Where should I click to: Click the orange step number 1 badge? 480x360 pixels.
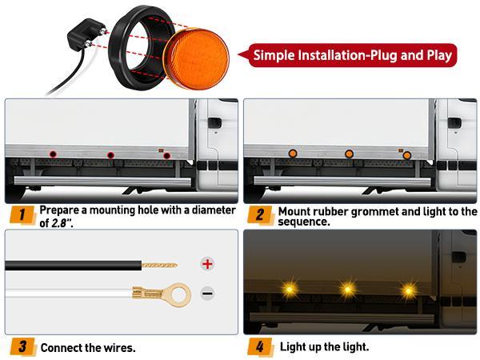click(x=24, y=214)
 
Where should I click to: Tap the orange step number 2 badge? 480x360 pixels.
click(x=261, y=214)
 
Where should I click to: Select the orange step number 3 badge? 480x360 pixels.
click(x=24, y=348)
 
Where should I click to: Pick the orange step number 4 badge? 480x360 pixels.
click(x=261, y=348)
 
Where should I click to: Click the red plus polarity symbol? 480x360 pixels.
click(x=207, y=264)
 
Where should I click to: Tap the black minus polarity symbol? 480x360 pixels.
click(x=207, y=294)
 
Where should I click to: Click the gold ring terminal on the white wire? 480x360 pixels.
click(x=179, y=294)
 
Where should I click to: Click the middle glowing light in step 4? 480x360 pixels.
click(x=348, y=287)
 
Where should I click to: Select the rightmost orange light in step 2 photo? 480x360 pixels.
click(x=407, y=154)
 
